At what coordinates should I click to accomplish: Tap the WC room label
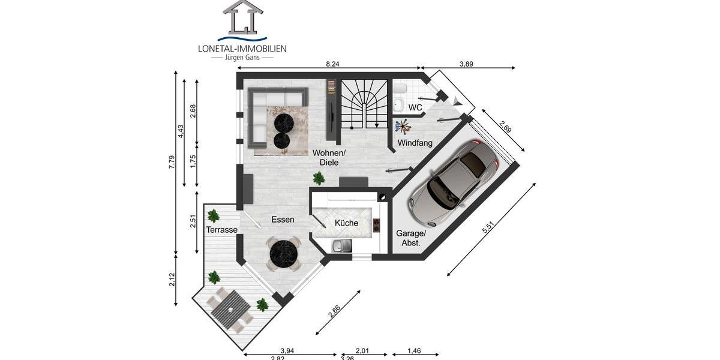coord(415,107)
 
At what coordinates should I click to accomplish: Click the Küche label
coord(346,223)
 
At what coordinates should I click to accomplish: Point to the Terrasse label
coord(221,230)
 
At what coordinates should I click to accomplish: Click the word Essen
coord(283,220)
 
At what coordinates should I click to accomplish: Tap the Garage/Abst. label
coord(411,238)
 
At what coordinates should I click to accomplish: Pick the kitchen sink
coord(342,245)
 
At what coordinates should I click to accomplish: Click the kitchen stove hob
coord(377,225)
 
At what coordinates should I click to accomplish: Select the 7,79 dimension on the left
coord(172,162)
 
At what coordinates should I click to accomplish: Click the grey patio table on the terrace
coord(230,311)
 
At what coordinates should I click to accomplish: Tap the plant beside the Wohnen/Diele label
coord(319,178)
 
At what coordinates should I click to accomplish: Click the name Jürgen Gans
coord(242,57)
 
